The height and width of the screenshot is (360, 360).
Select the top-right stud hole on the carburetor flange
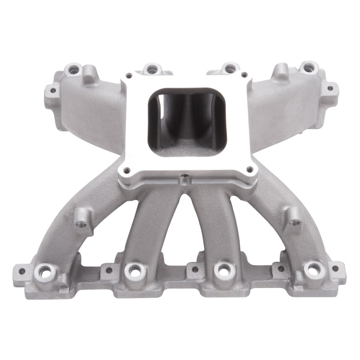pyautogui.click(x=244, y=75)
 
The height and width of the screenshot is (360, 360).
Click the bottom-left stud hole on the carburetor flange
pyautogui.click(x=126, y=170)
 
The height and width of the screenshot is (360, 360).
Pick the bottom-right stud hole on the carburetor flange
pyautogui.click(x=247, y=170)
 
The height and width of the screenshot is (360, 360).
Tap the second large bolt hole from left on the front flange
pyautogui.click(x=134, y=270)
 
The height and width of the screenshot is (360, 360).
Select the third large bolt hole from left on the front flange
pyautogui.click(x=221, y=270)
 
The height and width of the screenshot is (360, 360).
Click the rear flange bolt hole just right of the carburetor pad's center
pyautogui.click(x=229, y=68)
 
